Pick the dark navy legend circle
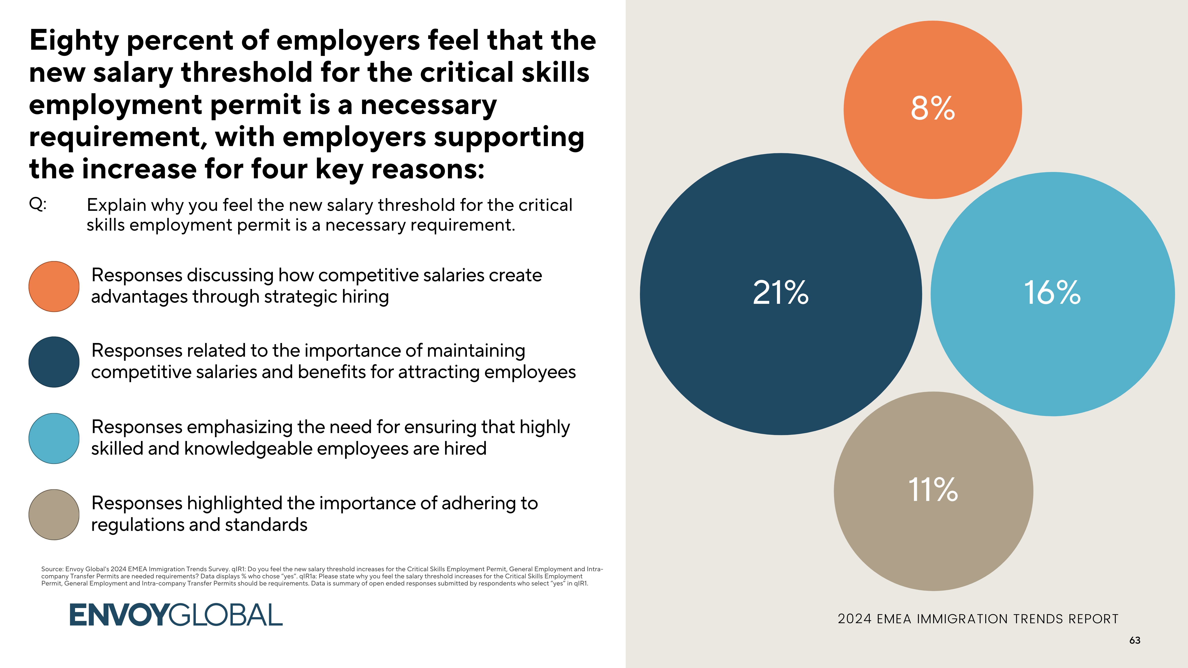tap(54, 362)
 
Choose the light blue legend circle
tap(54, 438)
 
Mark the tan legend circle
tap(54, 514)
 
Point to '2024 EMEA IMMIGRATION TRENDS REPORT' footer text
tap(978, 619)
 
